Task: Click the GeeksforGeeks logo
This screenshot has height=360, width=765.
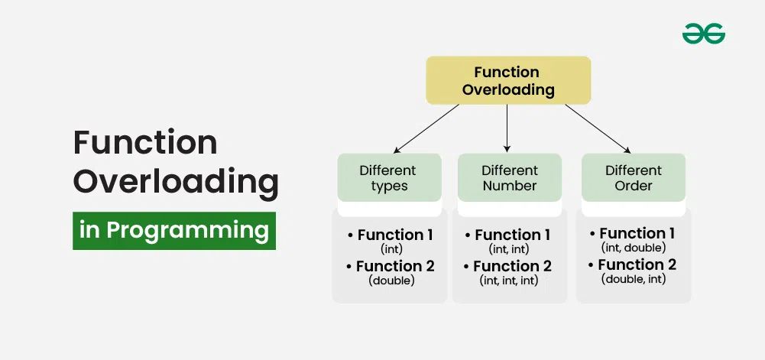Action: tap(703, 34)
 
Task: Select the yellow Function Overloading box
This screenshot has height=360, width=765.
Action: tap(507, 81)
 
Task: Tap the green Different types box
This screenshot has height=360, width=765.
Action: tap(389, 178)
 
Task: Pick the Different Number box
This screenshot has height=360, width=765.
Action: tap(509, 178)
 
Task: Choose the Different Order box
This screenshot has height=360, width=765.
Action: tap(634, 178)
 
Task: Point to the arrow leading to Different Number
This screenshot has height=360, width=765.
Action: tap(507, 127)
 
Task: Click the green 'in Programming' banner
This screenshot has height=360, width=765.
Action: tap(174, 230)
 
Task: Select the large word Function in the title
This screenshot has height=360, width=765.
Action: tap(145, 143)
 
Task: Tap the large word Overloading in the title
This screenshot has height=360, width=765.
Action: tap(175, 183)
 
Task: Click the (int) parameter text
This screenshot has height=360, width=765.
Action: tap(390, 249)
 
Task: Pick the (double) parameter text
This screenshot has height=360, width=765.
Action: tap(391, 281)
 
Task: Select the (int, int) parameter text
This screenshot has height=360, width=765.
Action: tap(510, 249)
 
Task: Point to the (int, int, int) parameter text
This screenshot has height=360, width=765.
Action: tap(510, 281)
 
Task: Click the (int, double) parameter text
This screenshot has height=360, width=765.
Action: tap(634, 248)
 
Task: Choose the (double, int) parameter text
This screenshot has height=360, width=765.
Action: tap(634, 279)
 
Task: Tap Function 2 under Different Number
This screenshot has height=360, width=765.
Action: tap(512, 266)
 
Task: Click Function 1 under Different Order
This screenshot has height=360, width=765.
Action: tap(637, 233)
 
